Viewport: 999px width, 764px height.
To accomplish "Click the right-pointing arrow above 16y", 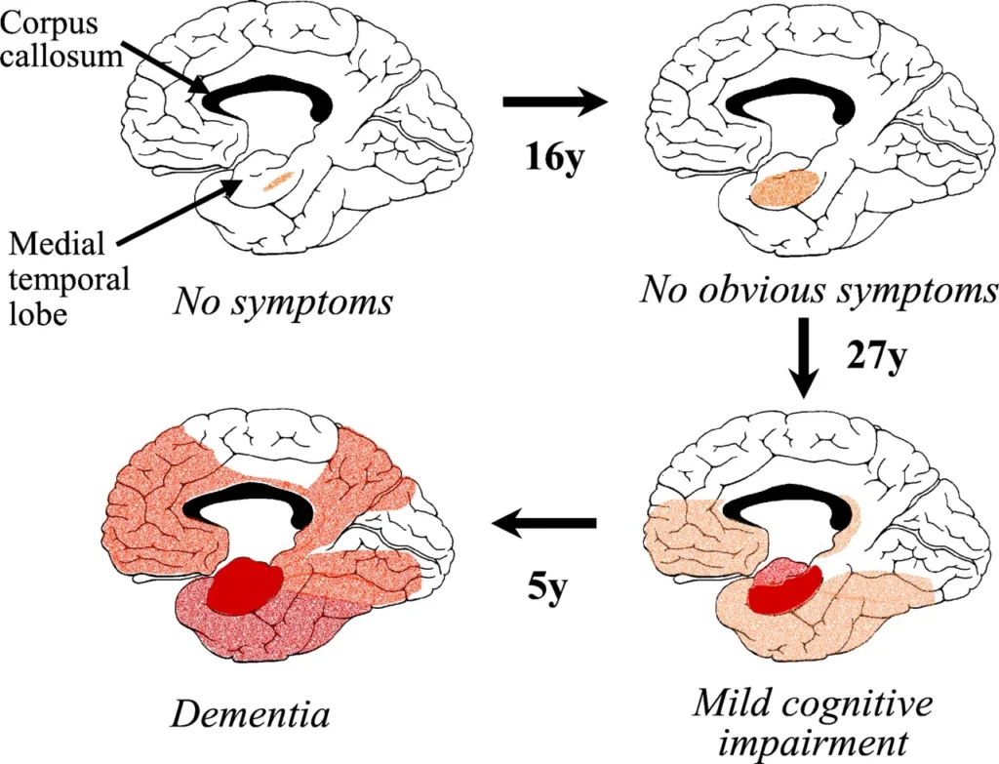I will click(553, 101).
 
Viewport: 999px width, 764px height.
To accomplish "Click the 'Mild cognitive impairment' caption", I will click(815, 719).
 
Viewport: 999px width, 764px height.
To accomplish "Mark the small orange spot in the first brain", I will click(280, 180).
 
